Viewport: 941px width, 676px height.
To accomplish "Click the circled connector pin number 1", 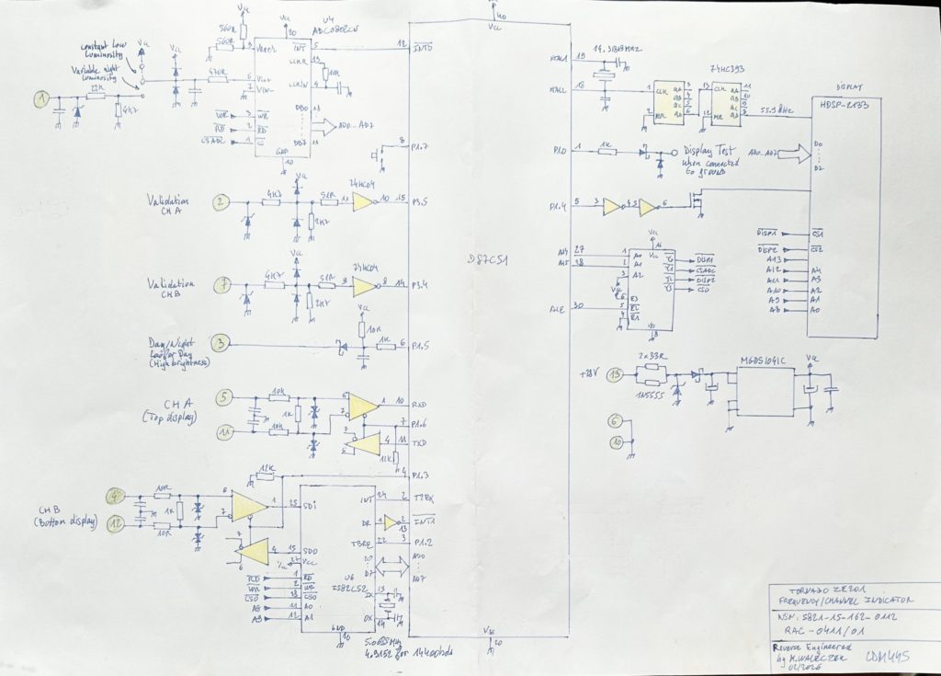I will [x=40, y=98].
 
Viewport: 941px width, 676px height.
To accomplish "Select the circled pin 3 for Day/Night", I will [x=220, y=344].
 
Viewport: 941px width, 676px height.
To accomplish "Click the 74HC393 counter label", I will [x=727, y=70].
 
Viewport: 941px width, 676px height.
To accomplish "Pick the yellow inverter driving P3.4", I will [x=361, y=286].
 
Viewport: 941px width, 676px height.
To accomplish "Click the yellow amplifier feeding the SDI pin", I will [x=247, y=505].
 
